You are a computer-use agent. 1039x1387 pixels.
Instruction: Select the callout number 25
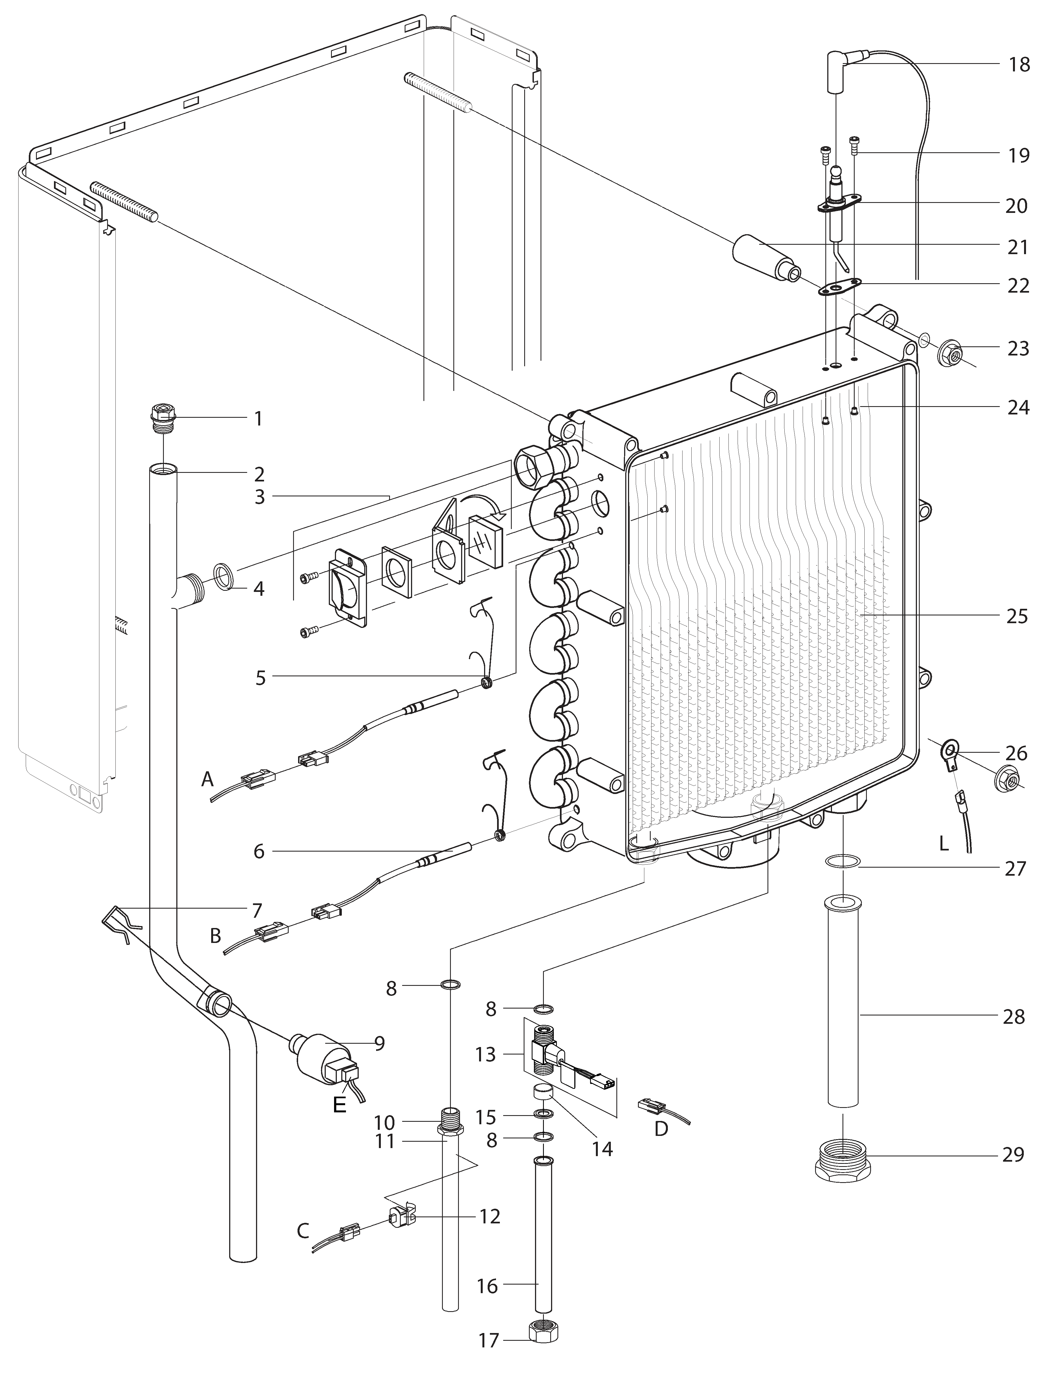(x=1017, y=616)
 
